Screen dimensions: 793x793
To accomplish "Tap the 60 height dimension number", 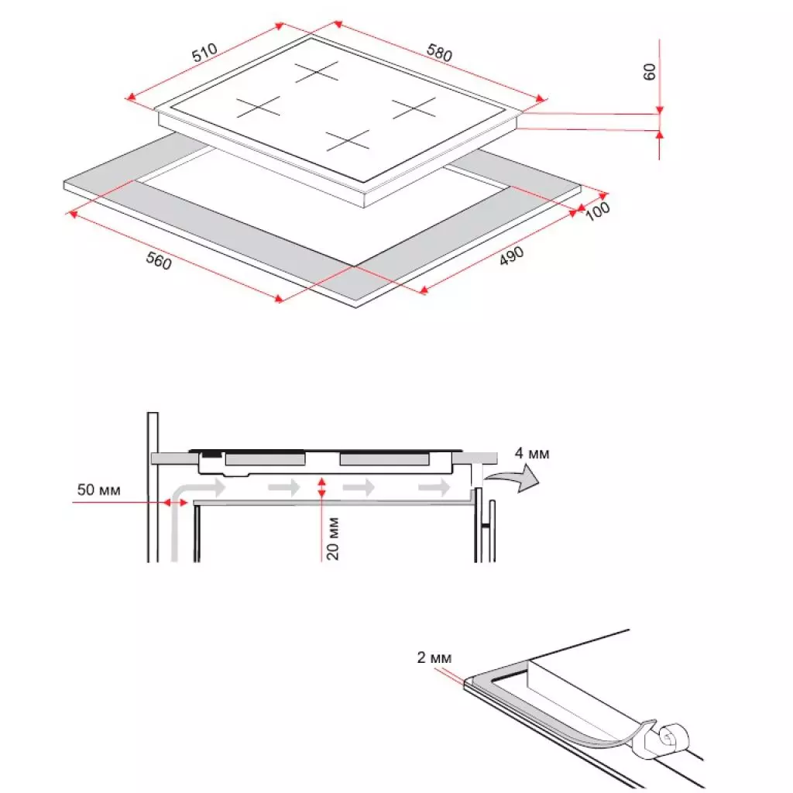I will click(650, 71).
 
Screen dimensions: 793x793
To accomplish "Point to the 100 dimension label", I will click(598, 211).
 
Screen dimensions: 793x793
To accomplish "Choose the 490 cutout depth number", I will click(511, 256).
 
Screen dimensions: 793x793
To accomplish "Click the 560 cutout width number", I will click(158, 261).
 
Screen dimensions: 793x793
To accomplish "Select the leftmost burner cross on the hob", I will click(258, 106).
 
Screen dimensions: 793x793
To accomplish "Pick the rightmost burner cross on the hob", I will click(416, 108).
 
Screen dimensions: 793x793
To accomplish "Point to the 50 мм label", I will click(98, 490).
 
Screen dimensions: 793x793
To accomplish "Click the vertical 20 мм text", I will click(331, 536).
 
